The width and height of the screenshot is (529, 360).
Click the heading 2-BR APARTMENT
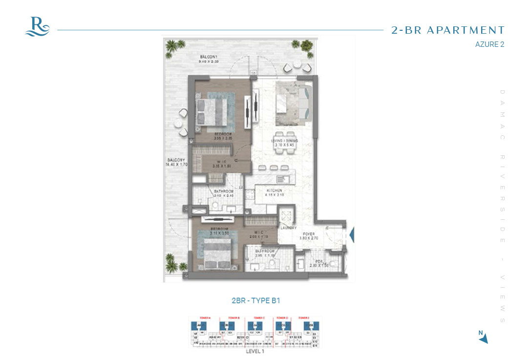[x=447, y=30]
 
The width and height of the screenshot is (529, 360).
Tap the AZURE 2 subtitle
[x=489, y=44]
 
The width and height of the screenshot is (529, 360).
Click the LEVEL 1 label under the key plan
[x=255, y=351]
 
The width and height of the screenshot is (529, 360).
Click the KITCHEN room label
[x=274, y=191]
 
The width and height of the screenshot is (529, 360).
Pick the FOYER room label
[x=308, y=234]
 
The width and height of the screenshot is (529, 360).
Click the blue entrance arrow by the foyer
[x=351, y=235]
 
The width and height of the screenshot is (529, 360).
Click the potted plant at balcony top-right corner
[x=306, y=46]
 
